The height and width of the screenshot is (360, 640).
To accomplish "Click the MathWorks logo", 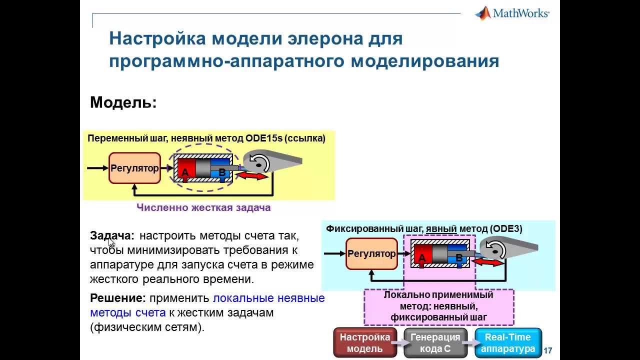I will click(512, 13).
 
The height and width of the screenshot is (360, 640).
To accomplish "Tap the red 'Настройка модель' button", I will click(364, 343).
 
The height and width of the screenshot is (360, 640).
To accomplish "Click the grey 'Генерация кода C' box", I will click(435, 343).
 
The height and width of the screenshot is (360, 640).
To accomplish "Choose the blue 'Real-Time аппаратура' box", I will click(508, 343).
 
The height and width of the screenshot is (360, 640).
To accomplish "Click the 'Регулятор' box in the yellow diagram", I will click(134, 168).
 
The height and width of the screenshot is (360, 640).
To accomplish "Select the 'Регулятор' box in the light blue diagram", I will click(371, 254).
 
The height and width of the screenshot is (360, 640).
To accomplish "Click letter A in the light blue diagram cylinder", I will click(422, 258).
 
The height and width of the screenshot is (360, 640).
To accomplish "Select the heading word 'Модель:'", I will click(123, 102).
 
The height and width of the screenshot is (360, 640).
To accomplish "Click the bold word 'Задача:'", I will click(112, 235).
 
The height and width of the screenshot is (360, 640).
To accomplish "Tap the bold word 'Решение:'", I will click(117, 298).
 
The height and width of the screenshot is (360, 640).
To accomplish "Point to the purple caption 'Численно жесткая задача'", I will click(203, 207).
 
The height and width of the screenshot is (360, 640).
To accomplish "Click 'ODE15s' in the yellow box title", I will click(264, 138).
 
